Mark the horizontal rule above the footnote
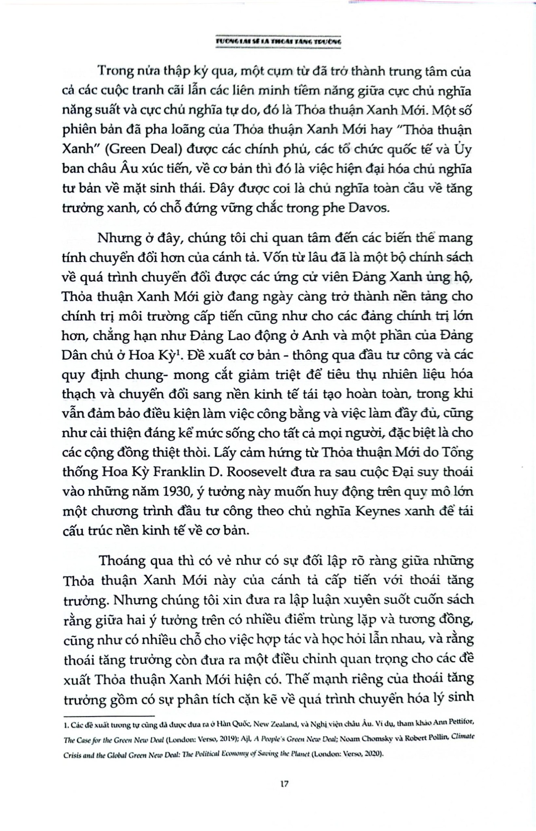click(110, 716)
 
